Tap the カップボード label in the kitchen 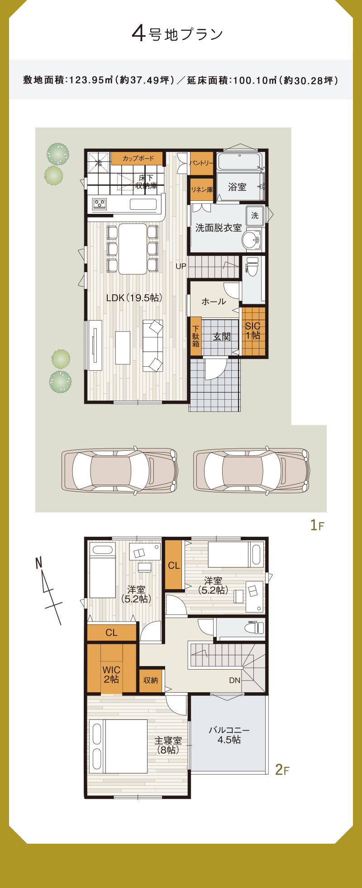[x=138, y=158]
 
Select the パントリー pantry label [x=201, y=163]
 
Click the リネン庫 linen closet [x=201, y=189]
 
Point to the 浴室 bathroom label [x=237, y=187]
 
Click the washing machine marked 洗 [x=255, y=216]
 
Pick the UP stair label [x=181, y=266]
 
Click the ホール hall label [x=214, y=301]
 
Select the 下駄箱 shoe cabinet [x=195, y=336]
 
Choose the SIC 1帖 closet [x=253, y=331]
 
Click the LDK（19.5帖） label [x=134, y=298]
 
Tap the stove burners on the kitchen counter [x=100, y=204]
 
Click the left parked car [x=119, y=470]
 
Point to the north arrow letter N [x=38, y=563]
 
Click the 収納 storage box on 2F [x=151, y=680]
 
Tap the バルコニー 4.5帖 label [x=229, y=735]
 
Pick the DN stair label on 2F [x=234, y=680]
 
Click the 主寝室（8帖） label [x=168, y=745]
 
